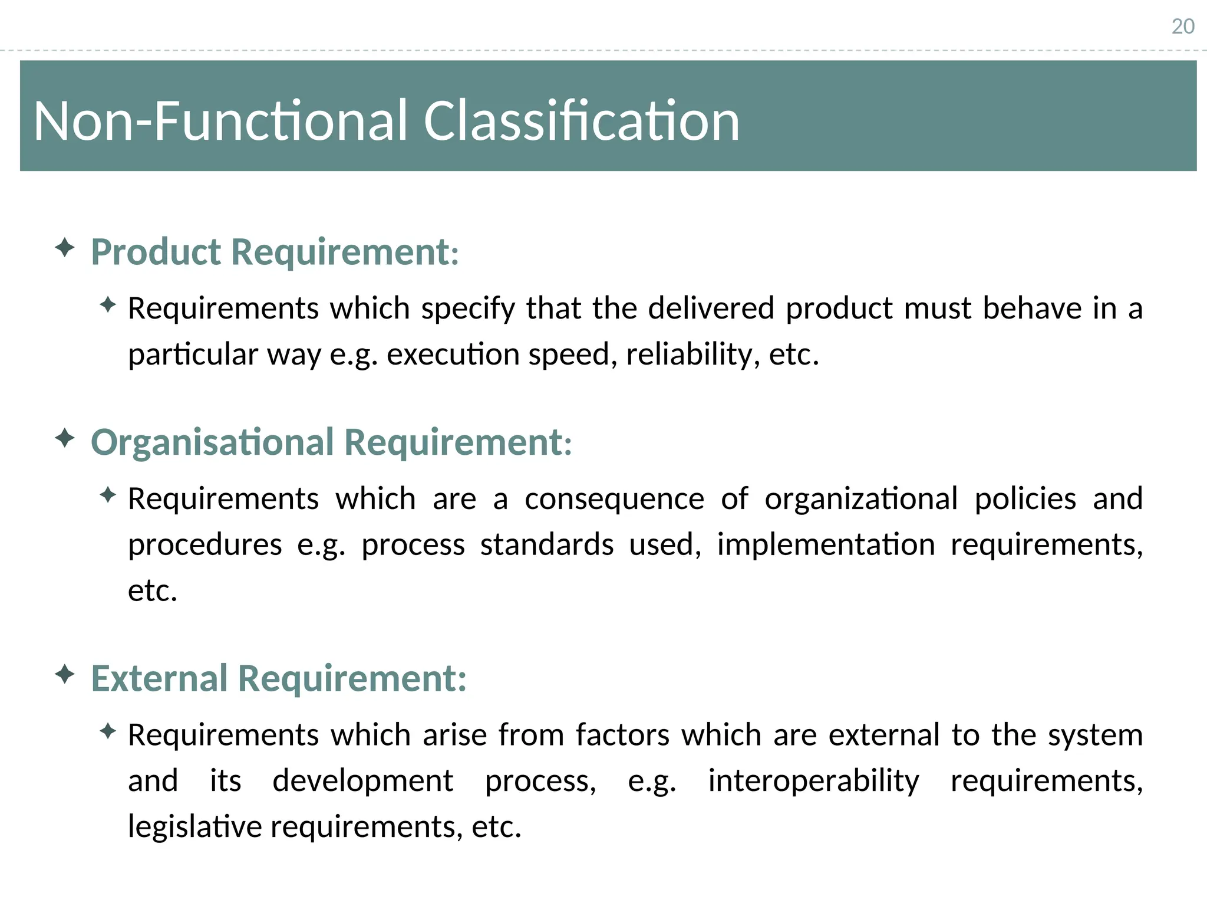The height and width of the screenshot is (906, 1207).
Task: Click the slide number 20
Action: tap(1182, 27)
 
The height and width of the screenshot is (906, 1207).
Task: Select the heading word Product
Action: tap(156, 252)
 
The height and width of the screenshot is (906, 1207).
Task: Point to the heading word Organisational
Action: tap(212, 442)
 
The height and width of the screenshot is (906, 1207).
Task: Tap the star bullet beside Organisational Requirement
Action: tap(65, 438)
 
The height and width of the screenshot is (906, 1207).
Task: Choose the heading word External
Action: tap(159, 678)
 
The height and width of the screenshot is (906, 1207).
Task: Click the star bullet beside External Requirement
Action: tap(65, 674)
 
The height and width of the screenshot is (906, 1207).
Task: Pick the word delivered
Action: tap(711, 308)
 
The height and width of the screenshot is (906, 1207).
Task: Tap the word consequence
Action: tap(614, 499)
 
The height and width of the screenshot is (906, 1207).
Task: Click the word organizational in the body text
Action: tap(861, 499)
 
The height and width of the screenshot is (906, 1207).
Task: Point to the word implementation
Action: tap(826, 544)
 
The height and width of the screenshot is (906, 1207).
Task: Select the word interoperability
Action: tap(813, 781)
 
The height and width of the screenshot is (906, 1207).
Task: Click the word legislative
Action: tap(194, 826)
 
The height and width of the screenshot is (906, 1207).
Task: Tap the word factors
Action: tap(622, 735)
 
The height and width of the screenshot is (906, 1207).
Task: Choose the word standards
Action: tap(547, 544)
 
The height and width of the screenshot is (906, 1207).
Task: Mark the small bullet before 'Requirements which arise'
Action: tap(108, 731)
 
